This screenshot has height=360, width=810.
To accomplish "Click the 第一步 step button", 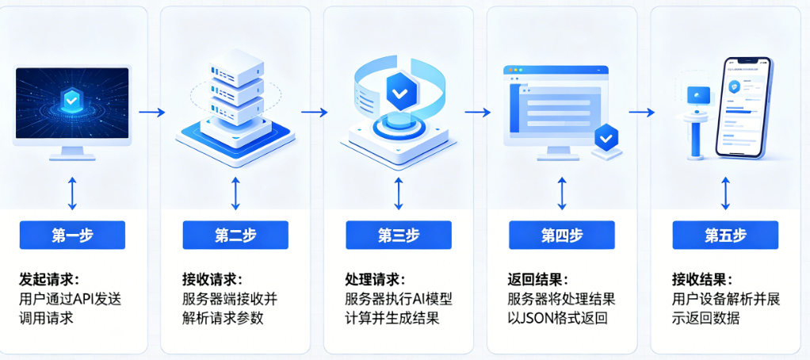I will [72, 236].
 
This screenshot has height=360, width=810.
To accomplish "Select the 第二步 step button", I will [235, 236].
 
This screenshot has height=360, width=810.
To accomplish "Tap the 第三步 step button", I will [399, 236].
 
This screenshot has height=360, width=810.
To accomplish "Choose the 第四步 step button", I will [562, 236].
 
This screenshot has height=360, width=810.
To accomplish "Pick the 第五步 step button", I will [725, 236].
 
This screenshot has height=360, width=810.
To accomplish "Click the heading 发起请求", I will [49, 280].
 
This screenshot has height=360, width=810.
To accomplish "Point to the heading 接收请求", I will [212, 280].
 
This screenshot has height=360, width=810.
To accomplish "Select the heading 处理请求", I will [376, 280].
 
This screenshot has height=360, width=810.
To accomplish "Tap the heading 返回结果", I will [538, 280].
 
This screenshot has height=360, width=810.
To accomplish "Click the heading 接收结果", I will [702, 280].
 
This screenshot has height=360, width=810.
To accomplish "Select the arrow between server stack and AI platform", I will [315, 113].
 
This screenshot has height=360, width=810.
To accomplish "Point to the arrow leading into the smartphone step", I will [641, 113].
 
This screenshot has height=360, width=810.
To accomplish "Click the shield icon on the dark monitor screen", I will [71, 100].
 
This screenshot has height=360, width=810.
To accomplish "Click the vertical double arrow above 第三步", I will [399, 192].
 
